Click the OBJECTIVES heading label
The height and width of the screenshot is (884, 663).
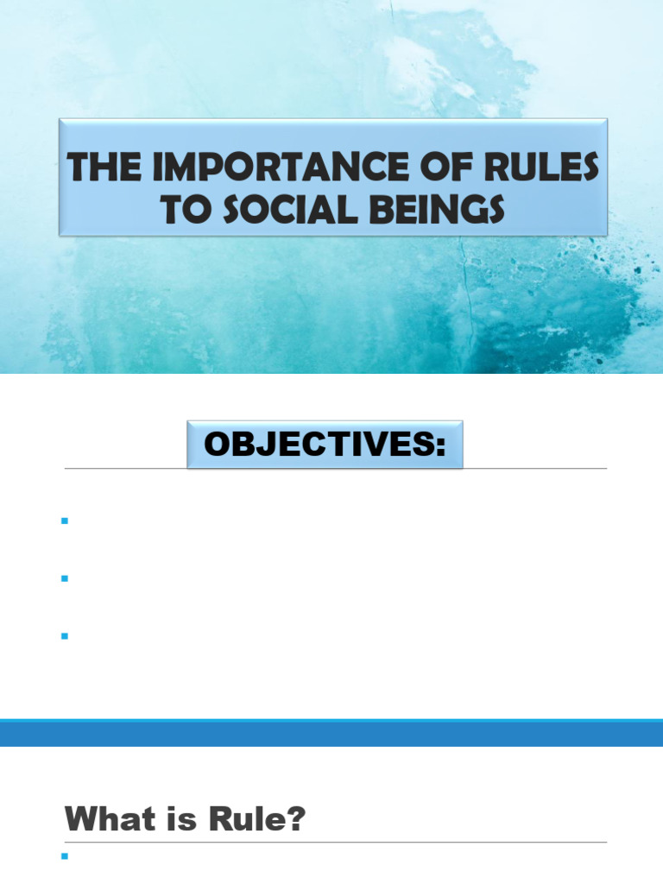tap(318, 445)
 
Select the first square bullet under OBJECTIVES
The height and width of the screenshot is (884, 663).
tap(64, 521)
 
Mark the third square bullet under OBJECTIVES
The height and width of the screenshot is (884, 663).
tap(64, 636)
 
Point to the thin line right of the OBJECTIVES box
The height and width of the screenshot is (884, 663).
tap(535, 469)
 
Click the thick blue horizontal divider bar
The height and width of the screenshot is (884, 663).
tap(331, 733)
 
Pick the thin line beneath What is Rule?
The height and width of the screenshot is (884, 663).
tap(336, 843)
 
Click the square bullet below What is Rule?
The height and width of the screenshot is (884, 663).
tap(64, 858)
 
